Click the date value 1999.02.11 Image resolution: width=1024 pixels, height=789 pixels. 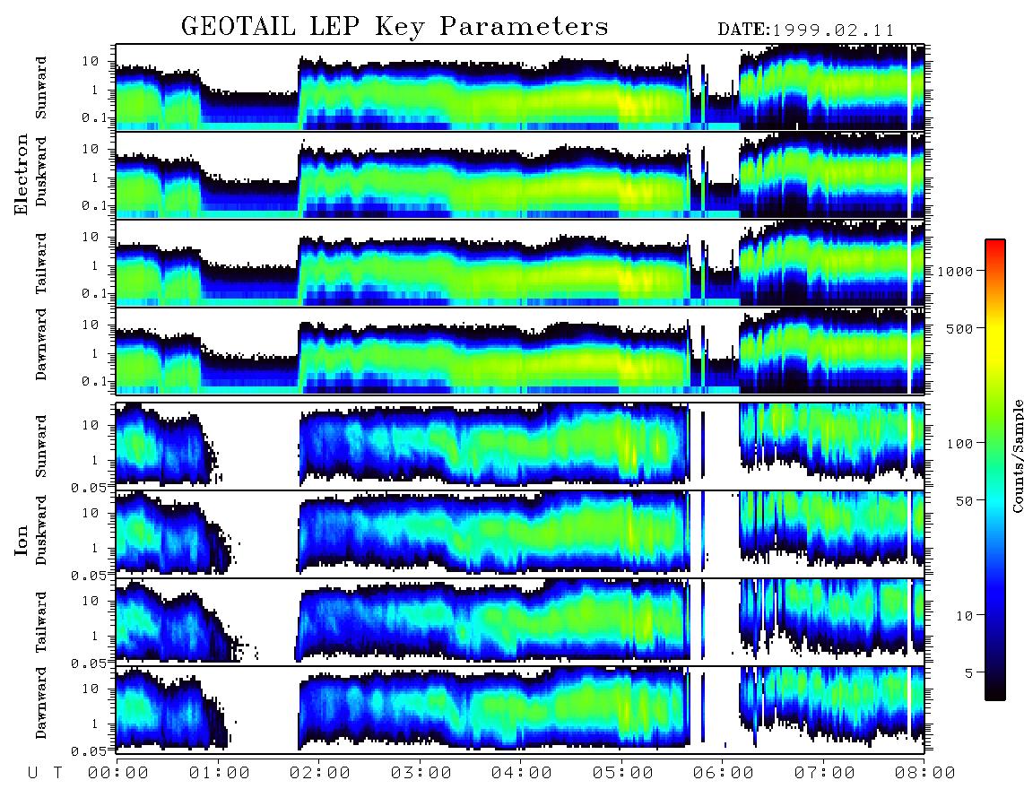tap(833, 30)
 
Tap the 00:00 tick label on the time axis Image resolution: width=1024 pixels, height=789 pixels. tap(118, 774)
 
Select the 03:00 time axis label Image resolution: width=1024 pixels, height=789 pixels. tap(421, 774)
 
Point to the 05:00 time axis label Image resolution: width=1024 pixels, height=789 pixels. tap(623, 774)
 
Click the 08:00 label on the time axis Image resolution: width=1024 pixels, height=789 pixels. tap(924, 774)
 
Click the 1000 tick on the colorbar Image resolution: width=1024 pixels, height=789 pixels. tap(955, 271)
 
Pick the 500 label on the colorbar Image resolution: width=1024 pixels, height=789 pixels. tap(959, 328)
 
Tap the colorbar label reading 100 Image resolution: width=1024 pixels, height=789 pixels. tap(959, 444)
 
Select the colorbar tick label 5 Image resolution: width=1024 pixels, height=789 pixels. tap(969, 672)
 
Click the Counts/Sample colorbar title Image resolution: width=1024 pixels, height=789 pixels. tap(1017, 455)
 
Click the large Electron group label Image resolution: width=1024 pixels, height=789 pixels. tap(22, 174)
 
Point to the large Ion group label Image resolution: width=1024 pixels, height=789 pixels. tap(22, 542)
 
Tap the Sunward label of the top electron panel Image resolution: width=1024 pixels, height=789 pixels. tap(41, 88)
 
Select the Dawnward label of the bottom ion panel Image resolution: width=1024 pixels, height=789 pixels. tap(41, 702)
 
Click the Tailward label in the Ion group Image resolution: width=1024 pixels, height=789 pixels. tap(41, 622)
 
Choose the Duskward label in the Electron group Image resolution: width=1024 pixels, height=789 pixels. tap(41, 172)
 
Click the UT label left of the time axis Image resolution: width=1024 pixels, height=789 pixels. tap(46, 774)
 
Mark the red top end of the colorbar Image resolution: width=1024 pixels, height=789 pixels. tap(995, 242)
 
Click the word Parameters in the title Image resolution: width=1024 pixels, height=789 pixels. tap(525, 26)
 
